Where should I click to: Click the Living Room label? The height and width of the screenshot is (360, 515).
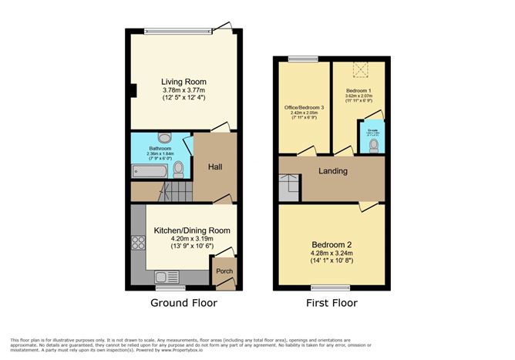point(183,82)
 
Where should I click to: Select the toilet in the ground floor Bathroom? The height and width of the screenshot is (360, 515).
point(179,168)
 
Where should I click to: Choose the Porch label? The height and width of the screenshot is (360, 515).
point(224,271)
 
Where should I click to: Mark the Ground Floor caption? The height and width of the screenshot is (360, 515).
point(183,303)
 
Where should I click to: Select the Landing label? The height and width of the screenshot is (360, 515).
point(332,170)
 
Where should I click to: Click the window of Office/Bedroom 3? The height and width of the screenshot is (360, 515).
point(304,59)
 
